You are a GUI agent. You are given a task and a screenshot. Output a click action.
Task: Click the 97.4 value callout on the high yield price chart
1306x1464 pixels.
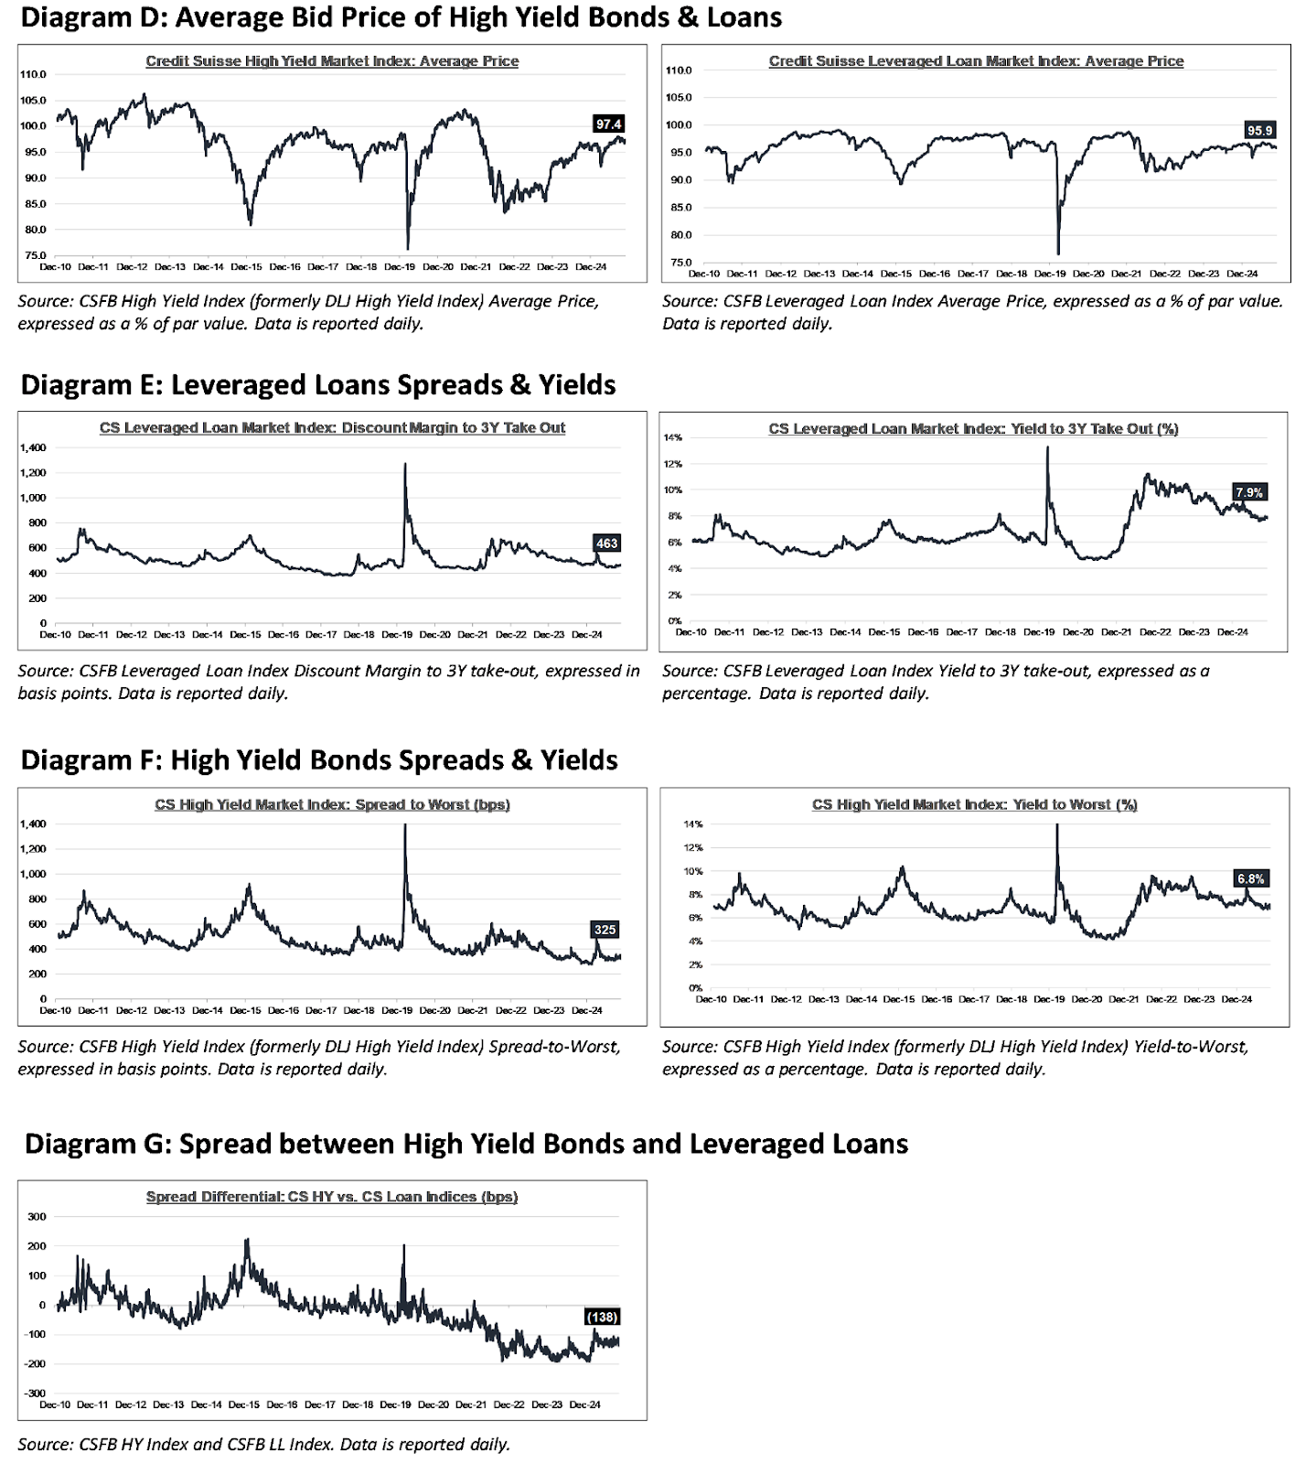point(608,124)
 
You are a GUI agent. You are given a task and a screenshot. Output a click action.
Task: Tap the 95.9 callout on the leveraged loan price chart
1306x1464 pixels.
point(1259,131)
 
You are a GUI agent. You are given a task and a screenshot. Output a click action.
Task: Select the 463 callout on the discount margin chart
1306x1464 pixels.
point(606,544)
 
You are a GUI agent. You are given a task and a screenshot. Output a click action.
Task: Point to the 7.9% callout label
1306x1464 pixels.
point(1248,492)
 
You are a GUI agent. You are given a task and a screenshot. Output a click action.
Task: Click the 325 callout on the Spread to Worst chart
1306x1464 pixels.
point(605,930)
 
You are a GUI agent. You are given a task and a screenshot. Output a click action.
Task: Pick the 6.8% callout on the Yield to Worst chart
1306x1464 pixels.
point(1250,878)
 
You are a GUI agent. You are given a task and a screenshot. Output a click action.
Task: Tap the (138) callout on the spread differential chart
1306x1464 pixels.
point(602,1317)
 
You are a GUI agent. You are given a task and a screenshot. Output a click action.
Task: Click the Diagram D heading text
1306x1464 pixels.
point(401,17)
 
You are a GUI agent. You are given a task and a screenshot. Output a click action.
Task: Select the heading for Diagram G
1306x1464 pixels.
point(466,1144)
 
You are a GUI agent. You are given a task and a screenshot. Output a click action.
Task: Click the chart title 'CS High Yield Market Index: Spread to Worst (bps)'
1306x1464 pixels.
point(332,805)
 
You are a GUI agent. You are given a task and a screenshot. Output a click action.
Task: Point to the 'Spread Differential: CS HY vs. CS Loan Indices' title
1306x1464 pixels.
point(332,1197)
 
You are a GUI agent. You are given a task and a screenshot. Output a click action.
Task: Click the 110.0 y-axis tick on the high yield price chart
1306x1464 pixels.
point(35,74)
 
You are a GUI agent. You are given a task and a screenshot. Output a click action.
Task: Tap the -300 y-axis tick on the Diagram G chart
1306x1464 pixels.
point(35,1393)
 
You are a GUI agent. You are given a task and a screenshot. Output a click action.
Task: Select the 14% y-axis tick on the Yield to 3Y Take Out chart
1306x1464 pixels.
point(672,437)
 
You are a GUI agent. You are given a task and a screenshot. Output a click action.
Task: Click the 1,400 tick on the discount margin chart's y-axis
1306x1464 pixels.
point(32,447)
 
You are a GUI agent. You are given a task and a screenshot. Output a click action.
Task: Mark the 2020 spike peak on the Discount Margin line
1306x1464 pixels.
point(404,464)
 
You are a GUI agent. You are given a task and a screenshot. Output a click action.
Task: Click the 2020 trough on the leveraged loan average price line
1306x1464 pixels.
point(1058,253)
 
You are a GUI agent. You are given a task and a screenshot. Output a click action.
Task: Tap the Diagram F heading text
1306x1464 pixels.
point(318,760)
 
